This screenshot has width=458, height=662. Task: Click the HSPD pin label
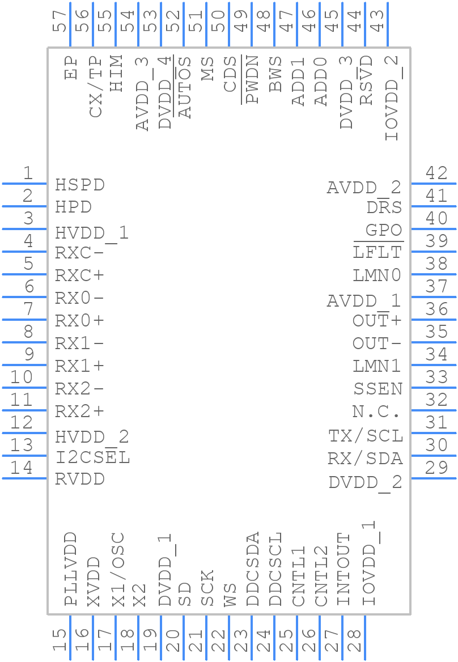pyautogui.click(x=80, y=185)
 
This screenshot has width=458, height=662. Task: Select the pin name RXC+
pyautogui.click(x=80, y=275)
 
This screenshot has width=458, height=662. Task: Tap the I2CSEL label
pyautogui.click(x=92, y=457)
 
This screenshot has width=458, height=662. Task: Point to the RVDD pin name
pyautogui.click(x=80, y=479)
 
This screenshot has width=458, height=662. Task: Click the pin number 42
pyautogui.click(x=436, y=173)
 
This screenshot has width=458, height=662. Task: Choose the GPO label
pyautogui.click(x=384, y=230)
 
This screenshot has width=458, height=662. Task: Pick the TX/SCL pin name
pyautogui.click(x=366, y=436)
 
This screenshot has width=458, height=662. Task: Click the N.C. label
pyautogui.click(x=376, y=412)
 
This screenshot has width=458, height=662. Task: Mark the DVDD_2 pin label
pyautogui.click(x=365, y=482)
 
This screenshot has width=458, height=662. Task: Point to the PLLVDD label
pyautogui.click(x=71, y=569)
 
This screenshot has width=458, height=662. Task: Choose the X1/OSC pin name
pyautogui.click(x=117, y=570)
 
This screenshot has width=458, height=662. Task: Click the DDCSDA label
pyautogui.click(x=253, y=569)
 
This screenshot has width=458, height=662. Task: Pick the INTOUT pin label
pyautogui.click(x=343, y=570)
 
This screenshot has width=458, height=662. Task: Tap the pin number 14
pyautogui.click(x=22, y=468)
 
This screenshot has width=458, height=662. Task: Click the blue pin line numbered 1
pyautogui.click(x=24, y=184)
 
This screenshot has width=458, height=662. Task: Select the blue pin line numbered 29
pyautogui.click(x=434, y=478)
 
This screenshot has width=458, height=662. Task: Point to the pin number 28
pyautogui.click(x=355, y=641)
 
